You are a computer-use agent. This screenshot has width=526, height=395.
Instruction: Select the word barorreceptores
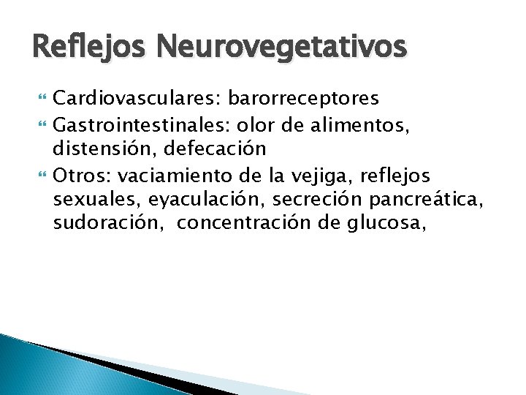coord(316,97)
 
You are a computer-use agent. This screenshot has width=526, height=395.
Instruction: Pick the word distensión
coord(104,148)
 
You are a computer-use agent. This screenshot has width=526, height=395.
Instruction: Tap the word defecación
coord(215,148)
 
